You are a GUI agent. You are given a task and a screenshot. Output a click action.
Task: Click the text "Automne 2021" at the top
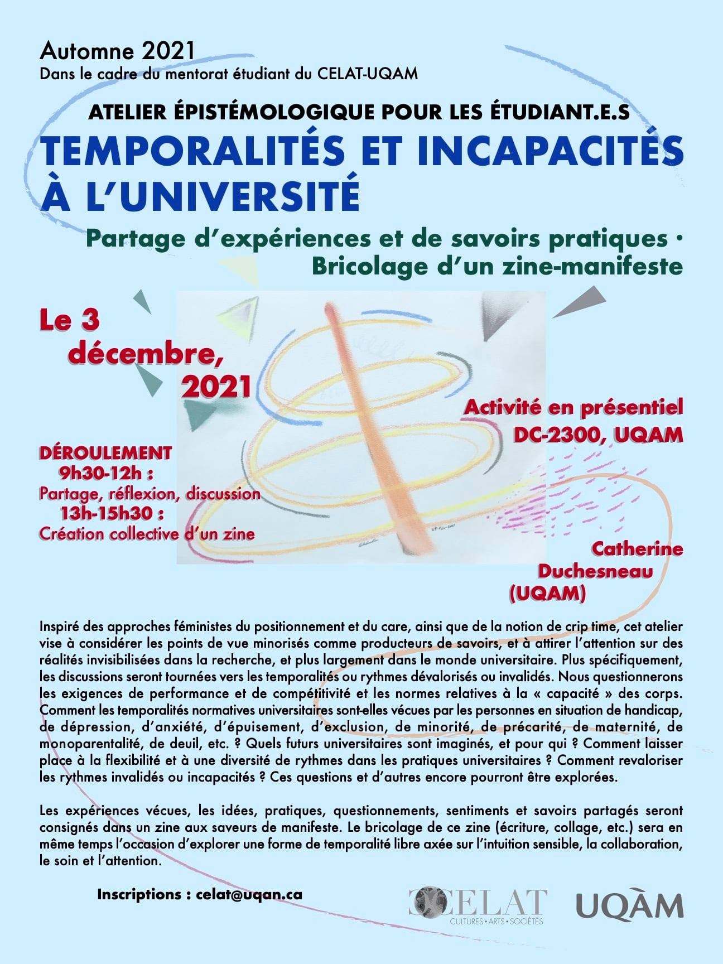tap(117, 51)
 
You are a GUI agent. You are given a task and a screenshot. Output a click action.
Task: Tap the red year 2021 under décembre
tap(216, 385)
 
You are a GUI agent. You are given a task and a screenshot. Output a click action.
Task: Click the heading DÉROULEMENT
tap(105, 452)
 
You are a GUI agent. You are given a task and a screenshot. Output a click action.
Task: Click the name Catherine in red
tap(637, 549)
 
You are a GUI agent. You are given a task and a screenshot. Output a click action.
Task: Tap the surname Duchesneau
tap(595, 571)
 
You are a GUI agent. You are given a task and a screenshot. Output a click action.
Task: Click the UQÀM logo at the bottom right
tap(629, 906)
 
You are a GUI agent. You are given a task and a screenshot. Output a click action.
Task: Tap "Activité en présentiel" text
tap(573, 407)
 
